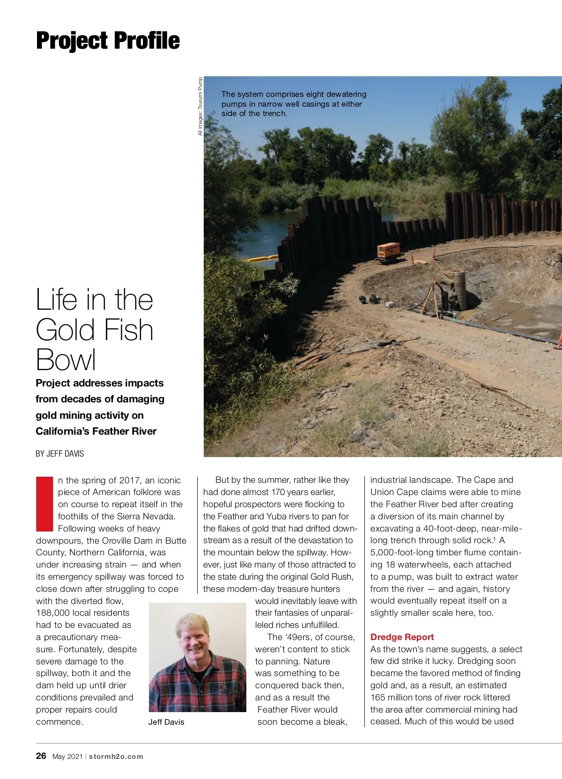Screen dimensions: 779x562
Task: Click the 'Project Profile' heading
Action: point(108,41)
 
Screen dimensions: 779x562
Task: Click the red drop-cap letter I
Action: point(45,504)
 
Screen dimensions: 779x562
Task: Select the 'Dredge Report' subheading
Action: point(402,637)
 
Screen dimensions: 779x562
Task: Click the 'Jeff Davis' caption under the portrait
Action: point(166,722)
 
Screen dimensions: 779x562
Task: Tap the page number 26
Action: point(41,756)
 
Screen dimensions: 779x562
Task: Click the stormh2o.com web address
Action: point(116,757)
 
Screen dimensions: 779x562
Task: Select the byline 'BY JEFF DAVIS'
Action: point(60,453)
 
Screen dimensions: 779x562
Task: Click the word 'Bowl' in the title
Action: point(66,360)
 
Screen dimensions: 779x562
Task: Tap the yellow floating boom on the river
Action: point(262,258)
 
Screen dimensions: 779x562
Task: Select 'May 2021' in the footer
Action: point(67,757)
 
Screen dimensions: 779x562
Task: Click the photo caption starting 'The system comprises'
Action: point(294,104)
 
